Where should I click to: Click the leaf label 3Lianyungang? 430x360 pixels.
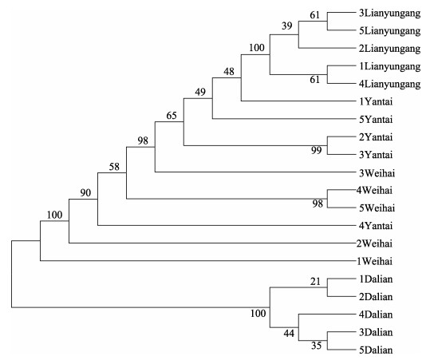tap(389, 14)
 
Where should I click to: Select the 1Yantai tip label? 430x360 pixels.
tap(376, 102)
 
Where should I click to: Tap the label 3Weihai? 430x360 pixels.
tap(377, 173)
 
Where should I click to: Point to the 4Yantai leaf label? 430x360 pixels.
tap(376, 226)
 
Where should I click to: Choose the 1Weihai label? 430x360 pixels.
tap(375, 261)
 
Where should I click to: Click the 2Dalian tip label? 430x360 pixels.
tap(376, 297)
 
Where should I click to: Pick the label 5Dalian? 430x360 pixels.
tap(376, 350)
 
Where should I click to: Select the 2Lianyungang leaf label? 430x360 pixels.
tap(389, 49)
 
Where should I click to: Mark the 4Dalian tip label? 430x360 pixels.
tap(376, 315)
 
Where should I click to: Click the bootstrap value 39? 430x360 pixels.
tap(287, 26)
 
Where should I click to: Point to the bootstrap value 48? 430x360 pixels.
tap(229, 72)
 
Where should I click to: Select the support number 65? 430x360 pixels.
tap(172, 116)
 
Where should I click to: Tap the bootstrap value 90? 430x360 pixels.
tap(85, 193)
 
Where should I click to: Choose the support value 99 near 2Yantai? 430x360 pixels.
tap(316, 150)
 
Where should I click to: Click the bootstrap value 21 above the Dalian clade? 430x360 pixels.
tap(315, 282)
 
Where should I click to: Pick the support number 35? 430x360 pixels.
tap(316, 346)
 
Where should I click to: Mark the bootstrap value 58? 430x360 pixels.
tap(114, 167)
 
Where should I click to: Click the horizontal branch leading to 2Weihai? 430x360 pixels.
tap(212, 243)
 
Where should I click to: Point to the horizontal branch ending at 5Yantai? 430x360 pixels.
tap(284, 119)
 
